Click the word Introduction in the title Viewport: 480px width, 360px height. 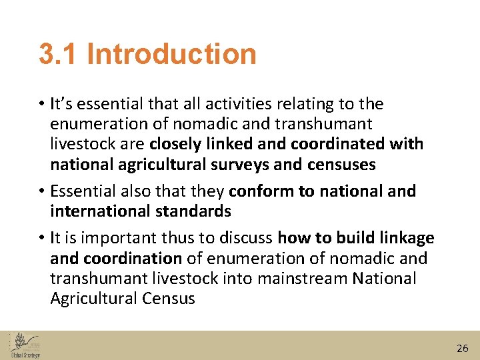click(x=171, y=54)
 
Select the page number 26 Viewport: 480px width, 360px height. click(x=463, y=348)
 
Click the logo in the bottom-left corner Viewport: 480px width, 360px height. click(x=25, y=345)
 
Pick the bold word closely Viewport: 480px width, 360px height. click(x=175, y=144)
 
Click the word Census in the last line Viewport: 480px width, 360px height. click(x=169, y=298)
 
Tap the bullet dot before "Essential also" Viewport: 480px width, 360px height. click(x=41, y=192)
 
